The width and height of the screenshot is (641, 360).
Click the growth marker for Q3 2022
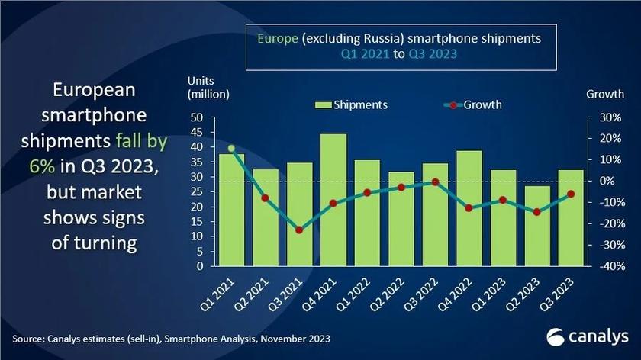pos(435,182)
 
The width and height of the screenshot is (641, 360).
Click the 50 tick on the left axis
pos(196,117)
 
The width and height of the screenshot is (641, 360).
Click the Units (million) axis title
pos(208,86)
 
